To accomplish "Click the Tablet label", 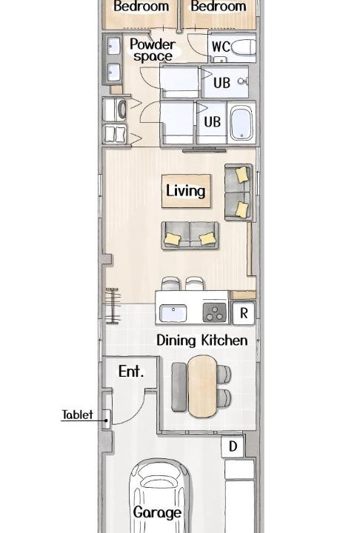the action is click(x=77, y=415).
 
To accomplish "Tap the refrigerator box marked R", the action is click(x=243, y=313).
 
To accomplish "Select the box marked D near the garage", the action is click(x=233, y=446).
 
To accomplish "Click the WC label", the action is click(x=221, y=47).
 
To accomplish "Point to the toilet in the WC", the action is click(x=244, y=47).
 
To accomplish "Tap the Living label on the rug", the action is click(x=185, y=190).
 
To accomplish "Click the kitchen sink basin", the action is click(x=173, y=313).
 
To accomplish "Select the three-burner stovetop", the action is click(x=214, y=312).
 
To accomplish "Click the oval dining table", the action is click(x=202, y=386).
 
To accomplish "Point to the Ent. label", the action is click(x=131, y=371).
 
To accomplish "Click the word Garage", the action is click(x=157, y=512).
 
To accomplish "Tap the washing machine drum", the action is click(x=121, y=110).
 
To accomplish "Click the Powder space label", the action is click(x=153, y=50).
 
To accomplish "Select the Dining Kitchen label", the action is click(x=202, y=341).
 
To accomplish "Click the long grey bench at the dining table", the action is click(x=179, y=387).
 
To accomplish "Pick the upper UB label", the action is click(x=222, y=83).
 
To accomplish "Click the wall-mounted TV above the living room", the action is click(x=204, y=150).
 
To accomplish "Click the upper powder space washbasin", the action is click(x=113, y=46).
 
